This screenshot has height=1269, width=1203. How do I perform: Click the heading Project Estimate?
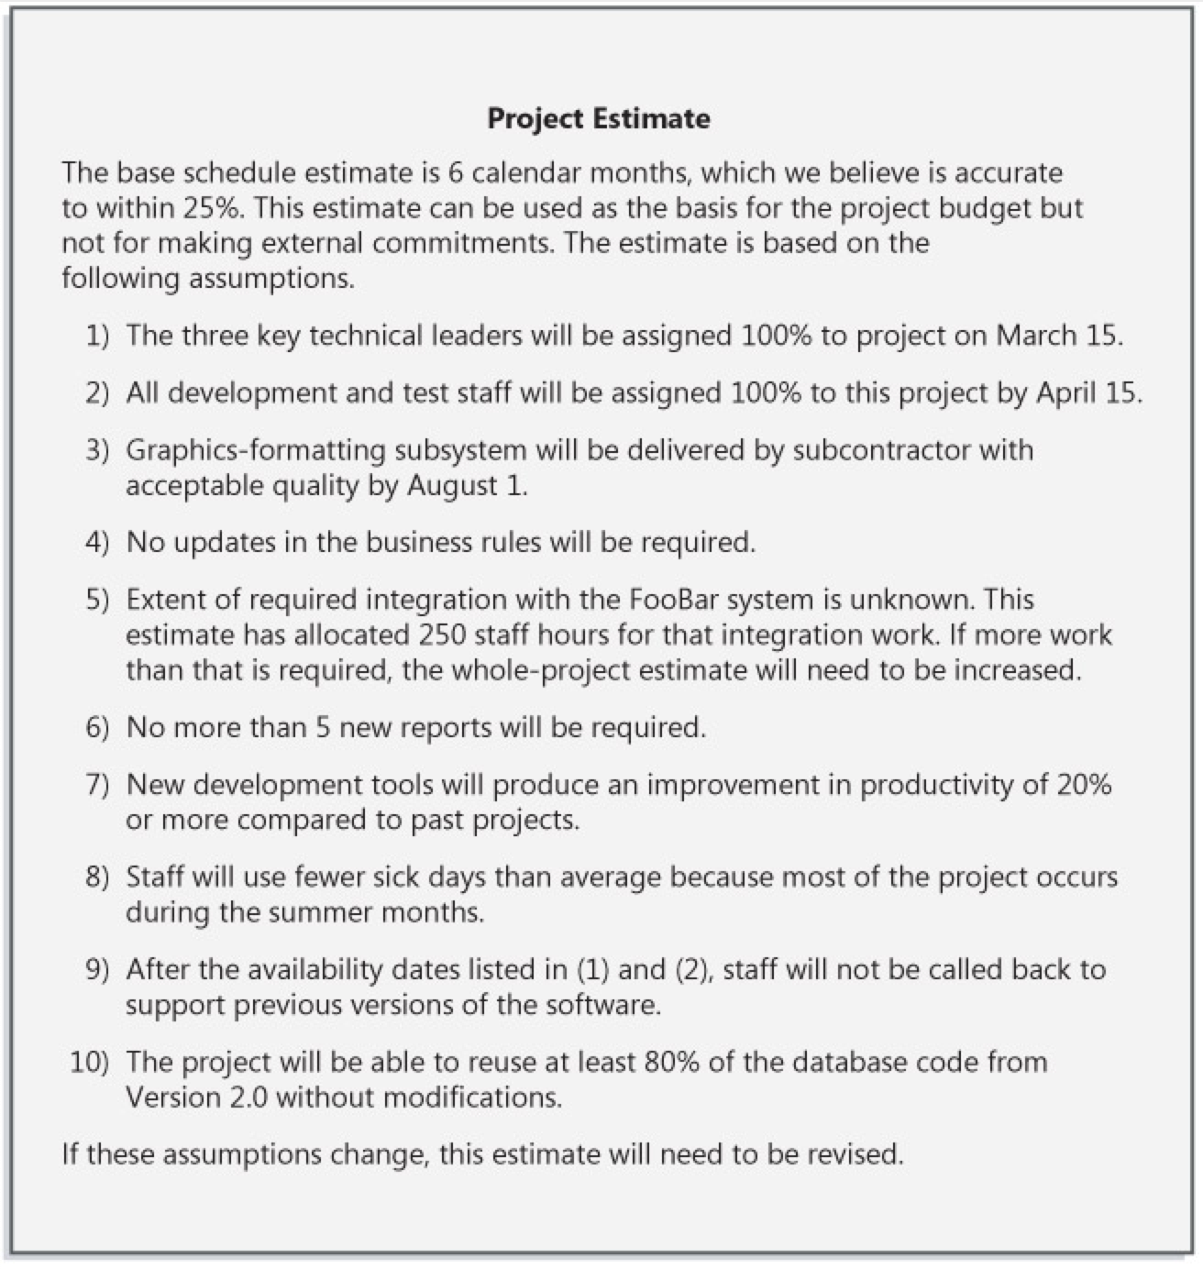tap(598, 118)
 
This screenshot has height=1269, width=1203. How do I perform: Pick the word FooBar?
tap(677, 600)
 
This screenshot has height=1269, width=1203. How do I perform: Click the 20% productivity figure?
tap(1083, 785)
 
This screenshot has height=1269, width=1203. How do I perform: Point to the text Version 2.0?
tap(196, 1098)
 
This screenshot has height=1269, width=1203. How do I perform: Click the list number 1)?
tap(97, 336)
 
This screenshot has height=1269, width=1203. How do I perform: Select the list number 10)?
tap(90, 1062)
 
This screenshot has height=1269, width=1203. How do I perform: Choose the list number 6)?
tap(97, 728)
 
